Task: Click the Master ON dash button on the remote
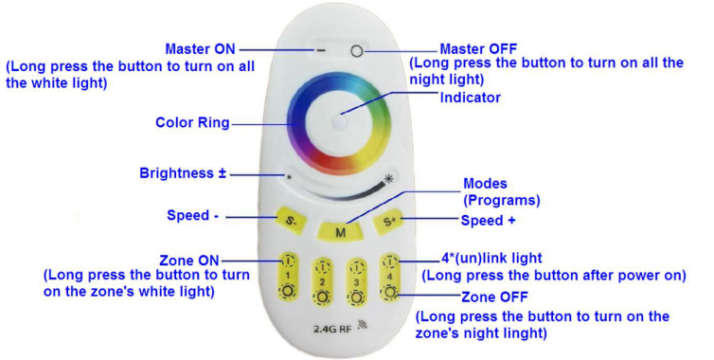321,50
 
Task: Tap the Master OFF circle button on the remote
357,51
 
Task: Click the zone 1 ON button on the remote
288,261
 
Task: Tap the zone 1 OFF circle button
288,292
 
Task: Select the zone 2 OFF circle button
322,297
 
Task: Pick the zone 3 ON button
356,267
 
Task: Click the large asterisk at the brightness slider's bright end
388,179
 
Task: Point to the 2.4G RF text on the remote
332,328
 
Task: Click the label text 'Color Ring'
192,122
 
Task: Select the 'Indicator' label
471,98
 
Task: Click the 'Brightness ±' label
183,173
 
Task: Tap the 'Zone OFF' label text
494,297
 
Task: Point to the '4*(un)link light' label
491,259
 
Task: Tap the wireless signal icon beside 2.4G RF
363,325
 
